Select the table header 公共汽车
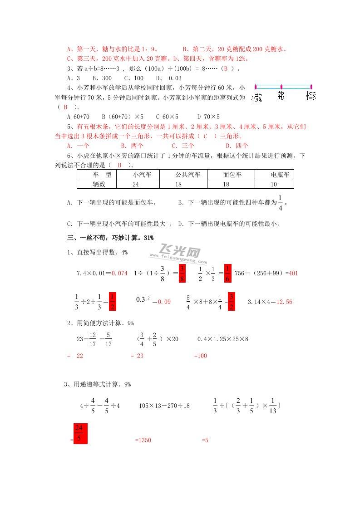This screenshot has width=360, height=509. pos(188,175)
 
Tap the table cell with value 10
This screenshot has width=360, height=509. pos(273,184)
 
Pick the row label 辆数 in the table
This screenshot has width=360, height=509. pos(99,184)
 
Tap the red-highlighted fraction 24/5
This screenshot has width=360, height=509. pos(79,433)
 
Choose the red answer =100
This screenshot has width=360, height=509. pos(200,356)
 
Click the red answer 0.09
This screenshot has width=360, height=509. pos(164,302)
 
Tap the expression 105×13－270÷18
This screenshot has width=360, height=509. pos(164,405)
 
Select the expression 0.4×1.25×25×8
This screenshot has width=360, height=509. pos(222,338)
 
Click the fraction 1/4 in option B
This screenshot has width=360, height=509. pos(280,202)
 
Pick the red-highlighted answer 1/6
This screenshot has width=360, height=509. pos(228,273)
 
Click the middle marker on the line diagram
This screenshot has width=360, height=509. pos(281,86)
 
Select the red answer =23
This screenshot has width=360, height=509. pos(137,356)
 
